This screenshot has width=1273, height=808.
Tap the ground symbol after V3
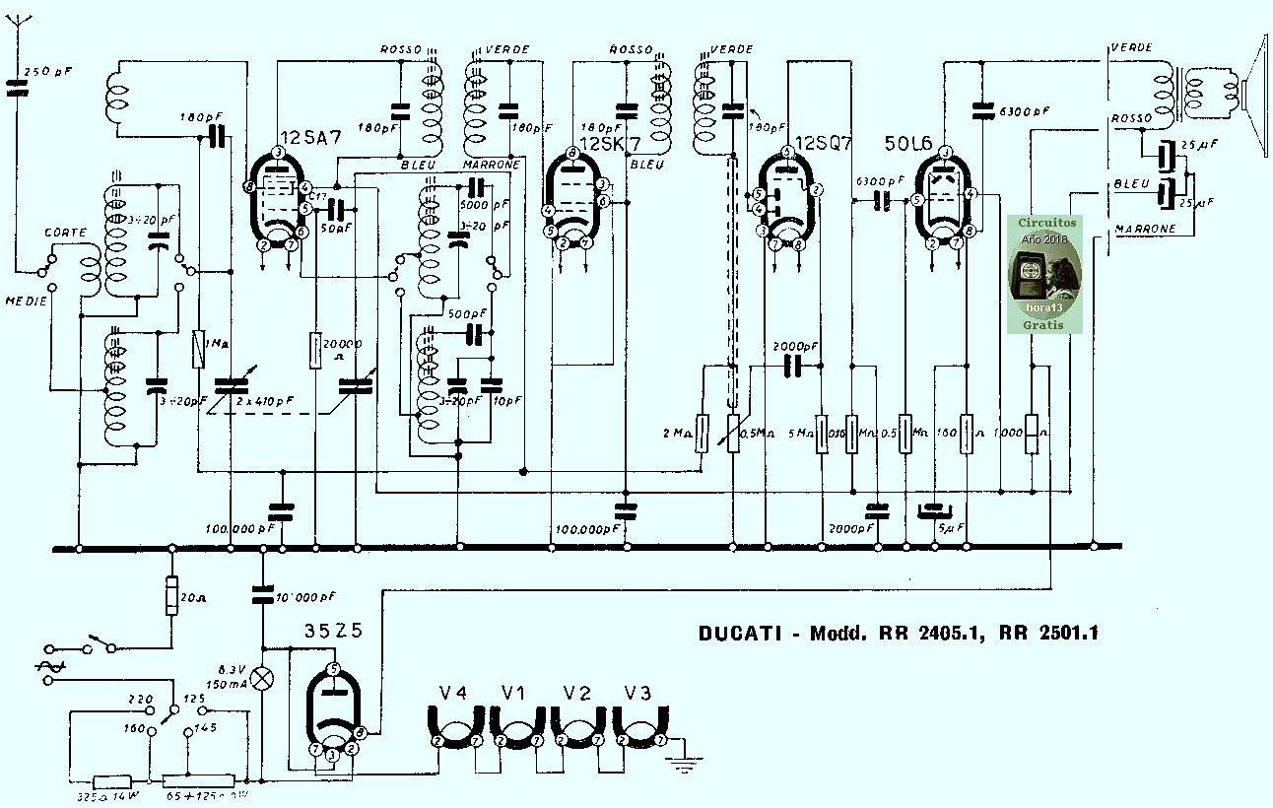tap(680, 760)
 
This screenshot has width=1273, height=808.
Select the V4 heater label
tap(452, 694)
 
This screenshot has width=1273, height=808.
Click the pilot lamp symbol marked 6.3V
tap(262, 678)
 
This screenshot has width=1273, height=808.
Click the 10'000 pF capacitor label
tap(305, 597)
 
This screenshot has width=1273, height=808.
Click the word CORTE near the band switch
tap(66, 233)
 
